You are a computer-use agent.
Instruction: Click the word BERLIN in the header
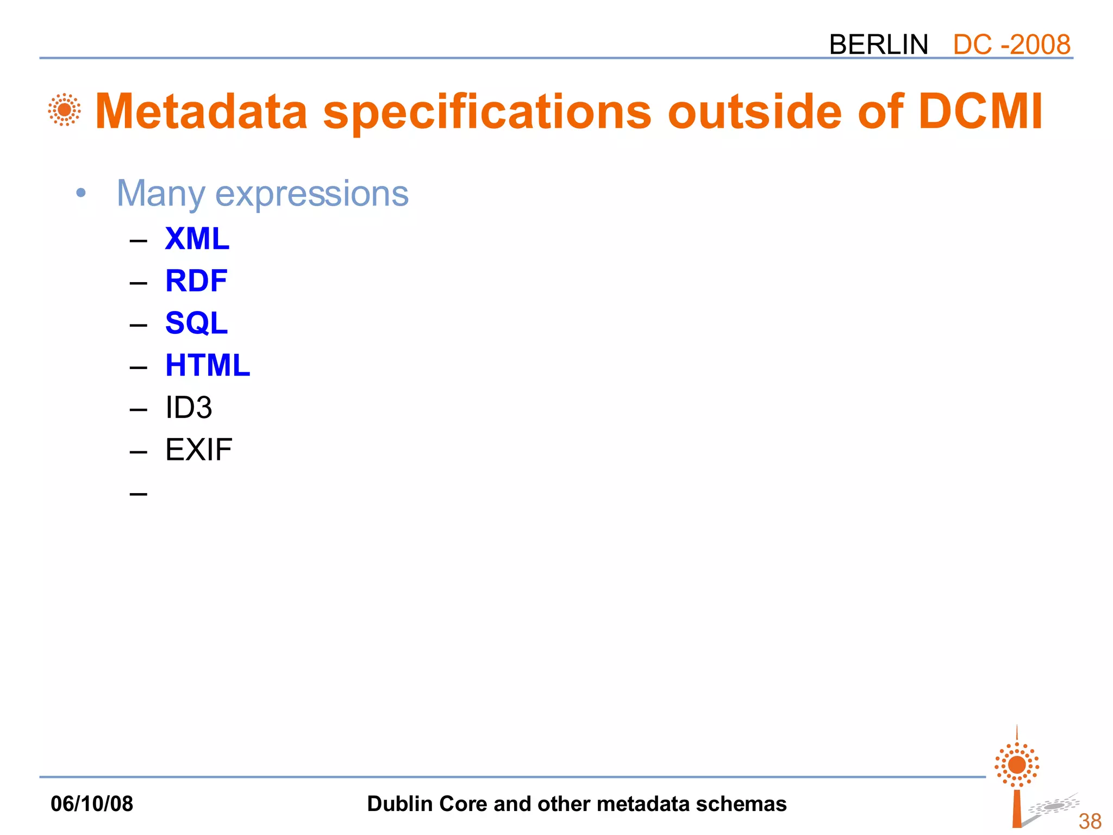(878, 45)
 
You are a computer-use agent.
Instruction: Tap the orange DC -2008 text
(1011, 45)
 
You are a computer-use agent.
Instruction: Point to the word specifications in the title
(487, 113)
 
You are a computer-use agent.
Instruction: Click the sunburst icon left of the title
(64, 110)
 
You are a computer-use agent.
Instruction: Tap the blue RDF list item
(196, 281)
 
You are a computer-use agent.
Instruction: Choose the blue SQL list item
(196, 323)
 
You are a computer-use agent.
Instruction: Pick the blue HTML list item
(207, 365)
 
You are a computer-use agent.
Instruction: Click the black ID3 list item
(188, 407)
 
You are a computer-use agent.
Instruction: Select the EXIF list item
(198, 450)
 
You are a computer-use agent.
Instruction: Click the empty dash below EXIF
(139, 494)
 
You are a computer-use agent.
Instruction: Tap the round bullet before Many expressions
(81, 193)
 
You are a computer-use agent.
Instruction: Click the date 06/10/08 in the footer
(91, 803)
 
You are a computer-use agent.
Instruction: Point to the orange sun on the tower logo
(1017, 765)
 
